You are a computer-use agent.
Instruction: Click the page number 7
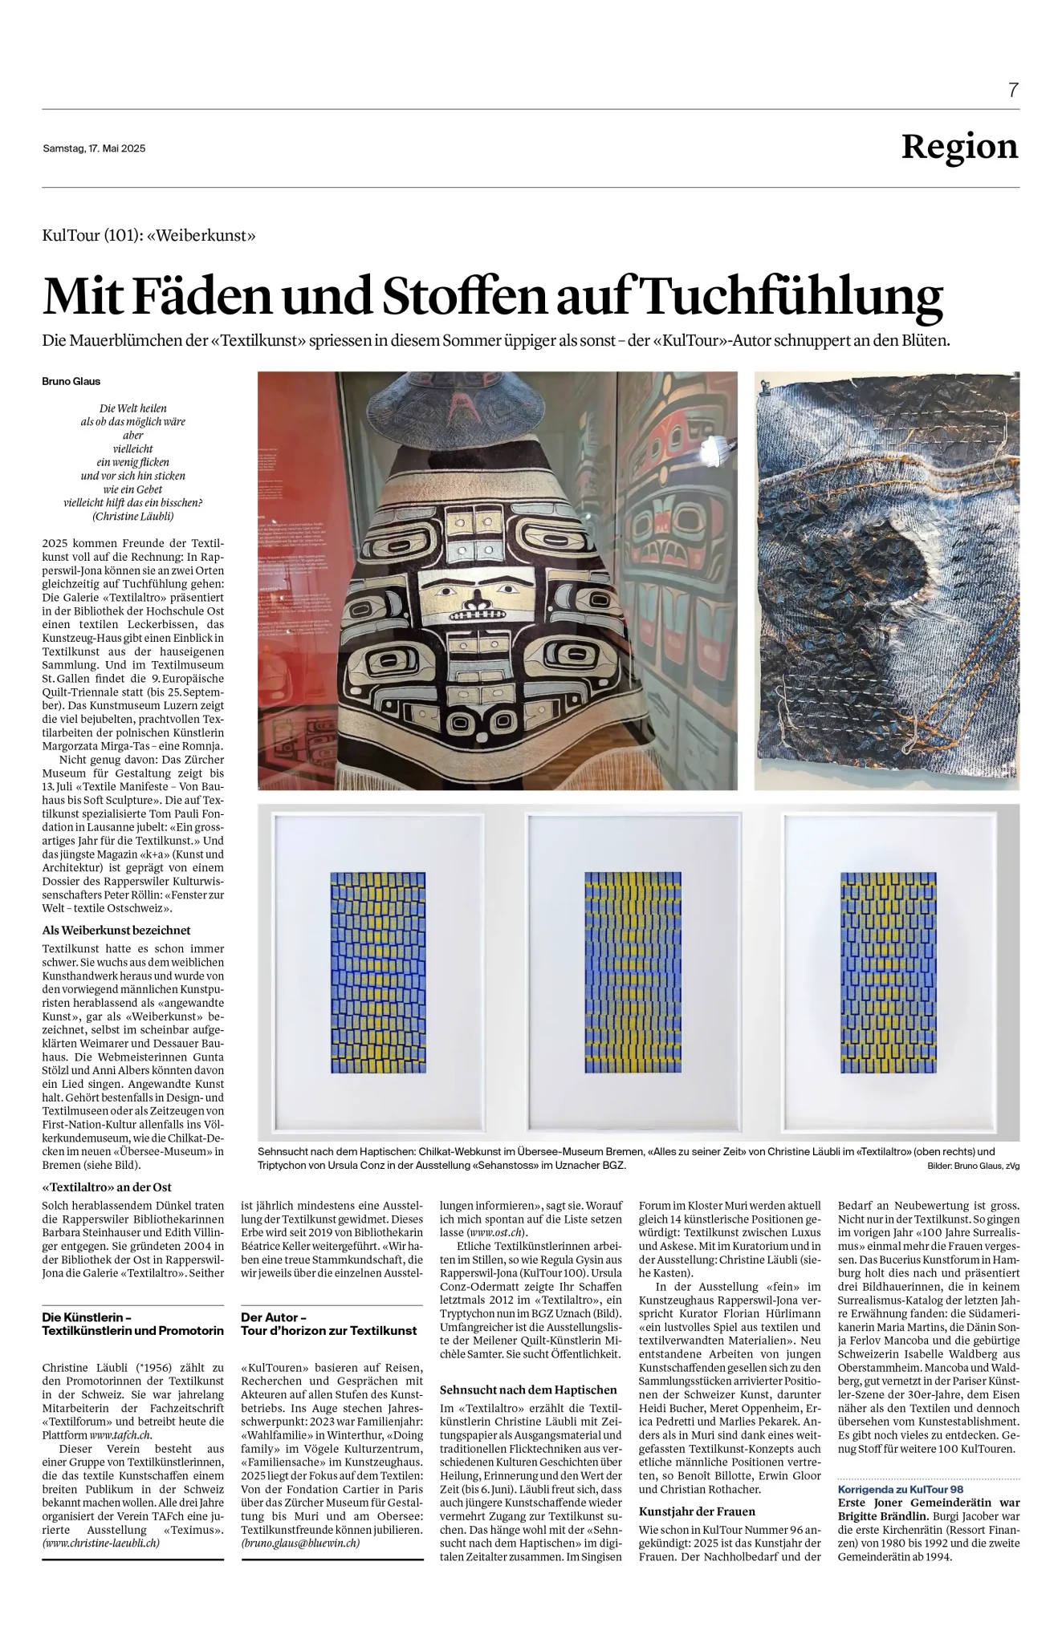click(x=1013, y=90)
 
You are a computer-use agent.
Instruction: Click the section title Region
click(x=959, y=147)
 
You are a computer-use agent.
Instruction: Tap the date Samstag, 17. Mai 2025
click(x=94, y=148)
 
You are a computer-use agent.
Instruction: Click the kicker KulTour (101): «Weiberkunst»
click(x=149, y=236)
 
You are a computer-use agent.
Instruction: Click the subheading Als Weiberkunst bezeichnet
click(x=116, y=931)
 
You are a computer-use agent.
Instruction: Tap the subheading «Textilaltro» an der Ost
click(x=107, y=1187)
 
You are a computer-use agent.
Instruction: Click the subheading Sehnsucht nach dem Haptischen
click(x=528, y=1389)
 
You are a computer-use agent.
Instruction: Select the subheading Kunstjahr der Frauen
click(x=697, y=1511)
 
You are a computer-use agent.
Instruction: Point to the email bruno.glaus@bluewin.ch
click(x=300, y=1543)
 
